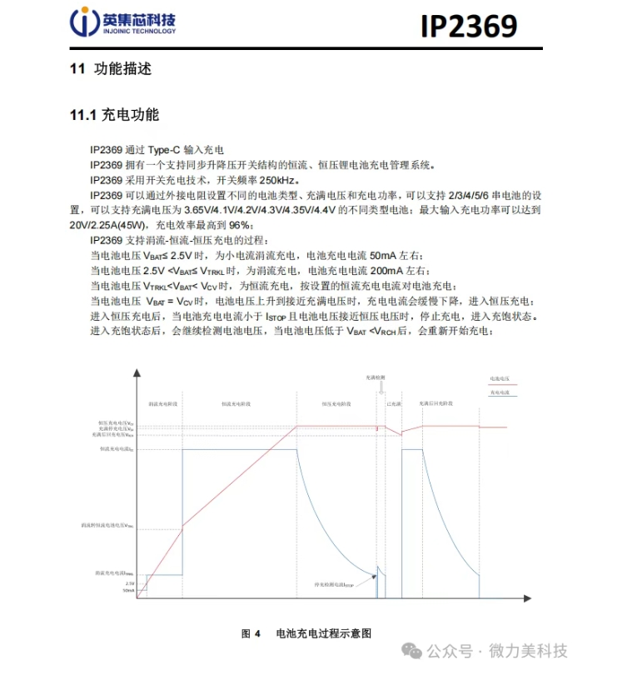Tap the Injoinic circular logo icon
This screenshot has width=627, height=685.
pyautogui.click(x=83, y=22)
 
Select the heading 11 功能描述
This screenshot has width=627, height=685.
pyautogui.click(x=111, y=69)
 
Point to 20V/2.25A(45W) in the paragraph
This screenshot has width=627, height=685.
pyautogui.click(x=109, y=225)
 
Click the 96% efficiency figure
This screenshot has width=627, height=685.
pyautogui.click(x=239, y=225)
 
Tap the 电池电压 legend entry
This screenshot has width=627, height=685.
pyautogui.click(x=500, y=377)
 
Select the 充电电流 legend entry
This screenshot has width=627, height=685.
pyautogui.click(x=500, y=391)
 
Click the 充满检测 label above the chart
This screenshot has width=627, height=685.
pyautogui.click(x=376, y=377)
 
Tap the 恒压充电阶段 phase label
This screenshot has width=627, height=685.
pyautogui.click(x=336, y=403)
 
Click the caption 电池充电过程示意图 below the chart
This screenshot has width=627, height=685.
pyautogui.click(x=323, y=633)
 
